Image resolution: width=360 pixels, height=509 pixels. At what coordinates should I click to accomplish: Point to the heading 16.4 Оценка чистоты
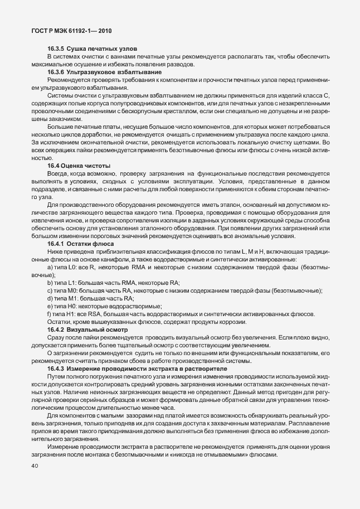click(x=79, y=166)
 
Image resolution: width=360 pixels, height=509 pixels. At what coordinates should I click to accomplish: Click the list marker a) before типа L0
click(x=50, y=269)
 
